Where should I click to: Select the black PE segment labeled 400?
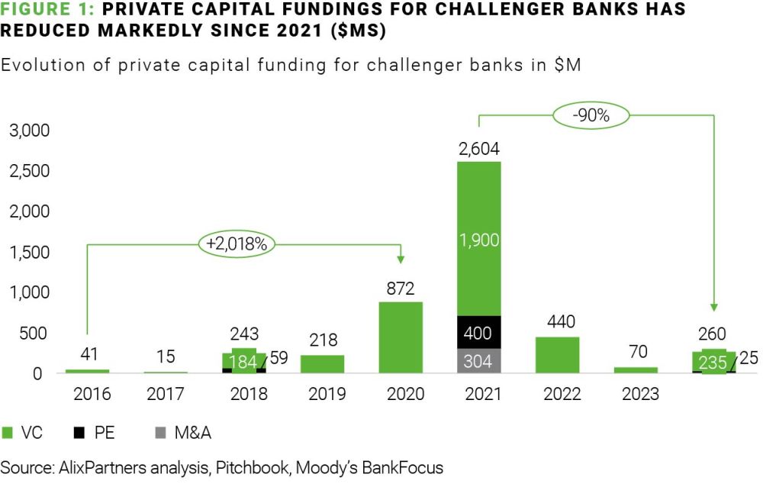coord(479,332)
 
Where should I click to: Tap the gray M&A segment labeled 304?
coord(479,361)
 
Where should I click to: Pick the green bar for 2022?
coord(558,355)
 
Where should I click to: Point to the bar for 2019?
coord(322,364)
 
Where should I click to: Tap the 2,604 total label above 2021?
coord(478,149)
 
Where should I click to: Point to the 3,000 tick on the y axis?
coord(29,131)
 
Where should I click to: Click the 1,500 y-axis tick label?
coord(29,252)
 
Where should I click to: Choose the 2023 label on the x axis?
coord(636,395)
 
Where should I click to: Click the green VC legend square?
coord(9,433)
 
